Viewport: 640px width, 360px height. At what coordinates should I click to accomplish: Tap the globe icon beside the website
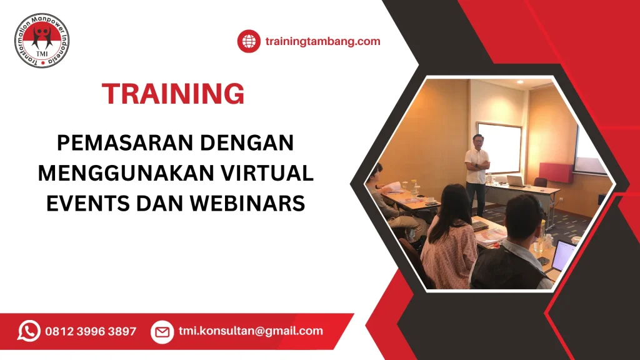click(248, 42)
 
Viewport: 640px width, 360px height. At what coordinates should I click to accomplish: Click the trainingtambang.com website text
click(322, 42)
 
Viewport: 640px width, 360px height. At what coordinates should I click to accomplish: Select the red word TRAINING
click(173, 94)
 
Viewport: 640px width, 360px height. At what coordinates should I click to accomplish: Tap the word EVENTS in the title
click(84, 203)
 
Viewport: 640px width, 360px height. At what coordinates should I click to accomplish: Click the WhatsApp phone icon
click(29, 331)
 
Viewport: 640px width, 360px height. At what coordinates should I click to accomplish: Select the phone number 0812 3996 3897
click(91, 331)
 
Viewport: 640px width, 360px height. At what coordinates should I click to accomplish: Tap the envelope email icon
click(162, 331)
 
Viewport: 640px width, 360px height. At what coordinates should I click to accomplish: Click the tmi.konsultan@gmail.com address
click(251, 331)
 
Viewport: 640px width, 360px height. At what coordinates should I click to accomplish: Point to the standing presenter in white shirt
click(477, 169)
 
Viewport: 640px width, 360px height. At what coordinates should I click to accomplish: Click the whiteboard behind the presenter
click(499, 147)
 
